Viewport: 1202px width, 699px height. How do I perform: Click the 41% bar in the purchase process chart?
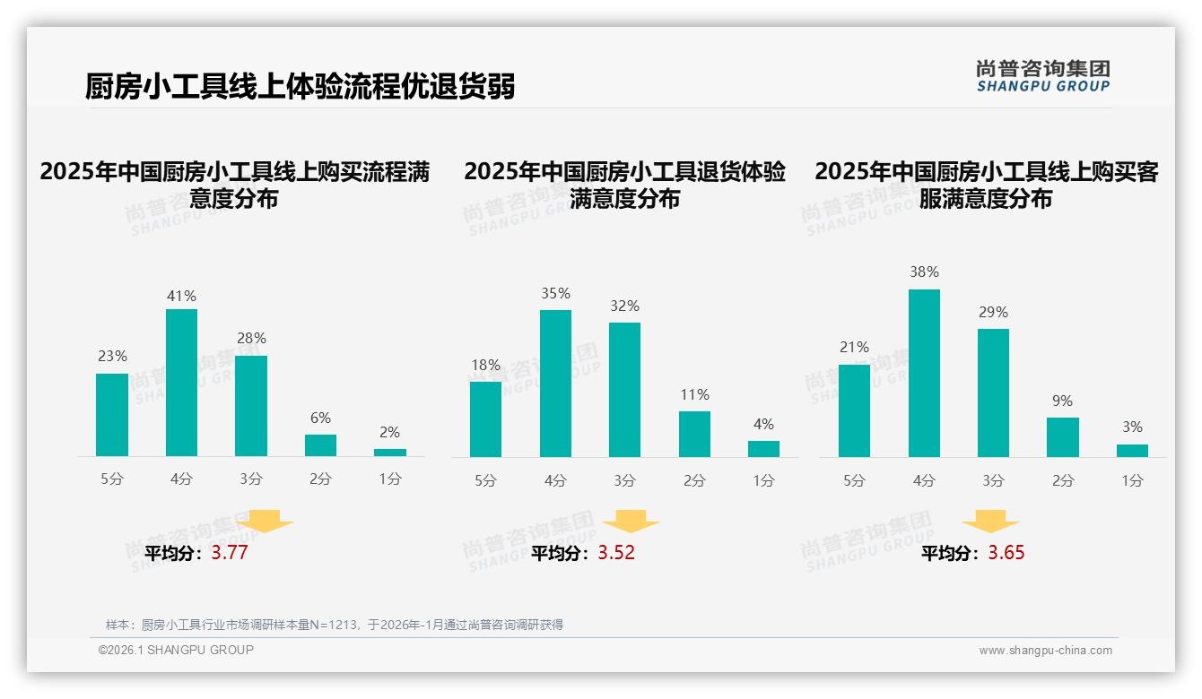181,383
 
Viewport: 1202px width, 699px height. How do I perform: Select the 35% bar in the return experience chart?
555,384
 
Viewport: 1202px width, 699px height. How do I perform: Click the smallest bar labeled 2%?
389,453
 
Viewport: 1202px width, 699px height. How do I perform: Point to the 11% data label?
694,394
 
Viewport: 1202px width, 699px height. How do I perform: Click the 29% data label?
993,312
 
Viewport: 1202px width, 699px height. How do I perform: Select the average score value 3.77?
229,553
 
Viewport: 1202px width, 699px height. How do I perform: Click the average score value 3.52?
616,553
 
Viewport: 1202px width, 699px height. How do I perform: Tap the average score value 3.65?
1006,553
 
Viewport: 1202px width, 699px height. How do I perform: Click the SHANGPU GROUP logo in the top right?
1042,76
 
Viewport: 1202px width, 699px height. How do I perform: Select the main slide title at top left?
300,86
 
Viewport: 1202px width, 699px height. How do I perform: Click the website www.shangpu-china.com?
1045,651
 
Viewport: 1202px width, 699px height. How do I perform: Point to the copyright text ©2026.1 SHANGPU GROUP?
176,650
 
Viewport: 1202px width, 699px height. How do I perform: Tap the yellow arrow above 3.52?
631,522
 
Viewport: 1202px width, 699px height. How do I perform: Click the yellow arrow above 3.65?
990,522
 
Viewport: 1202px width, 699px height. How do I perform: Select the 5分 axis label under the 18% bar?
485,481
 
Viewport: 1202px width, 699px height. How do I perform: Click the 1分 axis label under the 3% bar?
1132,481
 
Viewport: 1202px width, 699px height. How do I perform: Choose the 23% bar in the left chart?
112,415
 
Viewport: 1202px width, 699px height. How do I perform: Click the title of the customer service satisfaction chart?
986,185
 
